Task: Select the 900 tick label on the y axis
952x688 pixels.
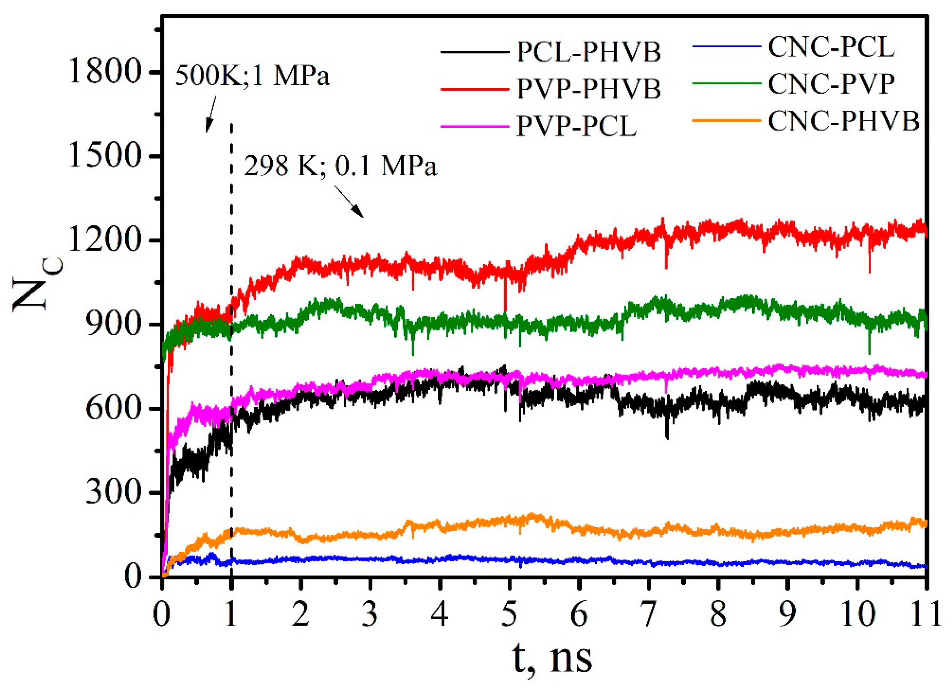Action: coord(112,324)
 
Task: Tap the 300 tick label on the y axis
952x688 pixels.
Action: coord(112,492)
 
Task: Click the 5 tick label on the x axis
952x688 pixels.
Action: coord(509,615)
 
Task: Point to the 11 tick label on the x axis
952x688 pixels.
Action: coord(925,615)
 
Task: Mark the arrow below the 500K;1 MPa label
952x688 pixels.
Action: coord(211,114)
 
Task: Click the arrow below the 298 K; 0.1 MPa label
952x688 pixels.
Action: coord(349,201)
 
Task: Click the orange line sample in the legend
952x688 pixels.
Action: coord(726,120)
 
